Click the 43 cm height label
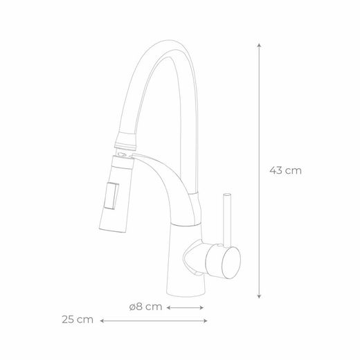click(285, 169)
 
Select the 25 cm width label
click(77, 320)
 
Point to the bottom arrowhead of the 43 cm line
click(259, 298)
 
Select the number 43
click(277, 169)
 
